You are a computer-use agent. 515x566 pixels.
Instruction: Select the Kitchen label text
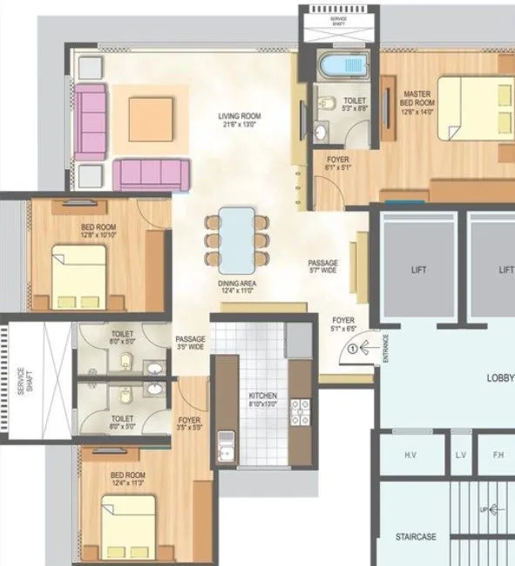pyautogui.click(x=261, y=399)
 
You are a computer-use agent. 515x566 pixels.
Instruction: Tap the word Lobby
pyautogui.click(x=500, y=378)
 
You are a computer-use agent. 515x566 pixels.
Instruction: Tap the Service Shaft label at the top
pyautogui.click(x=339, y=22)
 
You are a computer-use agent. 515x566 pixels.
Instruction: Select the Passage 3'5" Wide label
pyautogui.click(x=190, y=343)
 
